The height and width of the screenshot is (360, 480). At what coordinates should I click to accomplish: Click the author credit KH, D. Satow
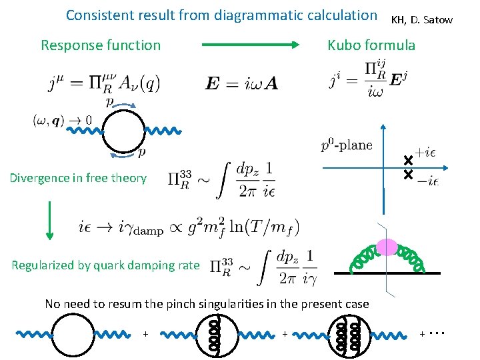click(x=421, y=20)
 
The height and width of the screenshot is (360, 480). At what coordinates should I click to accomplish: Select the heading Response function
click(x=101, y=45)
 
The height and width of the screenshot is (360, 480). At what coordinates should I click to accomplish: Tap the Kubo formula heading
click(x=371, y=45)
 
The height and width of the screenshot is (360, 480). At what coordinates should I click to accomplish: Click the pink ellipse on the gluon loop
click(x=387, y=247)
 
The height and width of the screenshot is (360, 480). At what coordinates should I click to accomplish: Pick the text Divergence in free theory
click(x=78, y=177)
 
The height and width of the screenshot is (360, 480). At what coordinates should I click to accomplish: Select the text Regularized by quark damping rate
click(x=105, y=265)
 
